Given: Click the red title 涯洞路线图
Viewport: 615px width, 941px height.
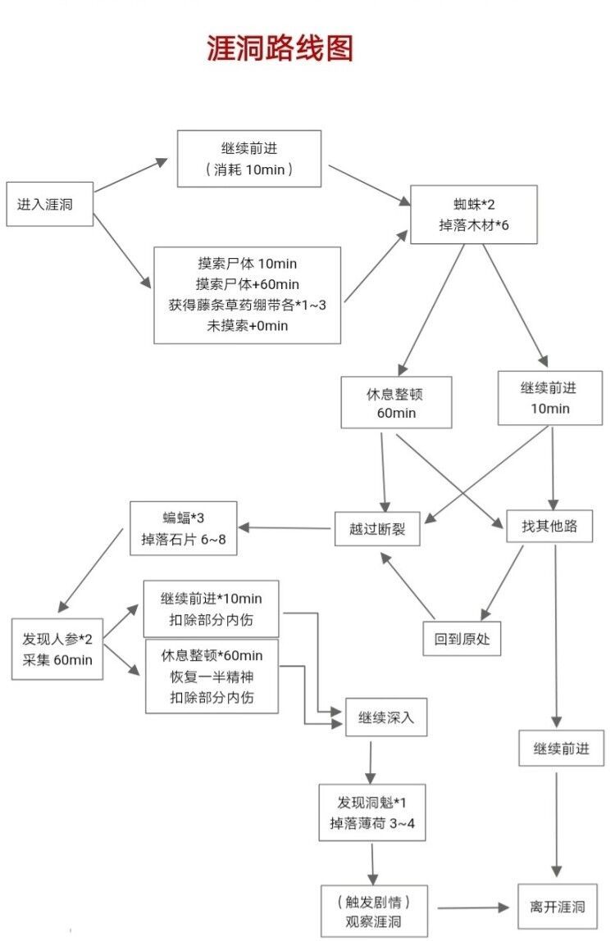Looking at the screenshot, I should pos(280,48).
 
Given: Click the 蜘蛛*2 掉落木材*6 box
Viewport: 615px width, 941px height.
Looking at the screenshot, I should pos(474,214).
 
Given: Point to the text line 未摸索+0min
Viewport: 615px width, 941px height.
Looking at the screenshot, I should pos(247,326).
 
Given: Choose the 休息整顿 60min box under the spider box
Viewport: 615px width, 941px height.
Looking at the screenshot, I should pos(396,402).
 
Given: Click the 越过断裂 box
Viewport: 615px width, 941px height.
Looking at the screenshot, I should pos(376,529).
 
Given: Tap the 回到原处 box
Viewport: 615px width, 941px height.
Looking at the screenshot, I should pos(462,639).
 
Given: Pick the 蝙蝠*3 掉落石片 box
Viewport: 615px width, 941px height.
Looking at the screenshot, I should pos(183,527).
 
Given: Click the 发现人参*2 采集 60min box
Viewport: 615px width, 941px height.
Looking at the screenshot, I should pos(57,649).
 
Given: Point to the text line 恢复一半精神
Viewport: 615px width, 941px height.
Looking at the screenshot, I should pos(212,676).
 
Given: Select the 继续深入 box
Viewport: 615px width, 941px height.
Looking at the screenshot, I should pos(386,718).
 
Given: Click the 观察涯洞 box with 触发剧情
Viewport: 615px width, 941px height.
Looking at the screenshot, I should pos(375,912).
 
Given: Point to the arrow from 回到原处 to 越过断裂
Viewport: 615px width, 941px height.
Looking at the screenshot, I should pos(407,585).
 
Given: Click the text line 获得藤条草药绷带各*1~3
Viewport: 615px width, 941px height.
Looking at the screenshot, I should pos(247,305).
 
